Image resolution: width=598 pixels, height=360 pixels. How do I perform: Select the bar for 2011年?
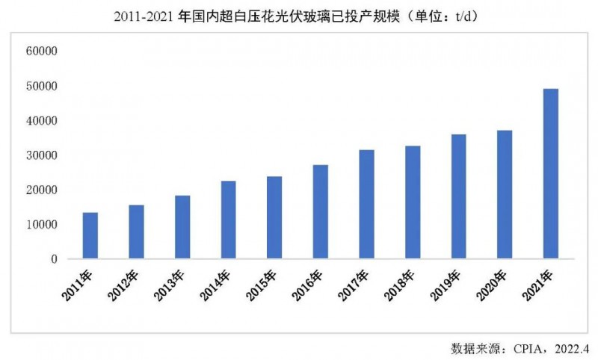[x=90, y=236]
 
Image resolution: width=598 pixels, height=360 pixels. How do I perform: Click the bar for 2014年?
[x=228, y=220]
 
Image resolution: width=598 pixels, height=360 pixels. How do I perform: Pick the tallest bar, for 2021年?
[x=550, y=174]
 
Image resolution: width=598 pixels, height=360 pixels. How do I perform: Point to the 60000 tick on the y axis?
[x=42, y=52]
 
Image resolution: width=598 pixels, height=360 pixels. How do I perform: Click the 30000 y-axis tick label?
[x=42, y=155]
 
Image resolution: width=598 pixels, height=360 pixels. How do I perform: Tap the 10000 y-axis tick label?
[x=42, y=225]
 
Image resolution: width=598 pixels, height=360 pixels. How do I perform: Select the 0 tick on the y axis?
[x=54, y=259]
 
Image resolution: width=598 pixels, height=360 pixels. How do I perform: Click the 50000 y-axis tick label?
[x=42, y=86]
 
